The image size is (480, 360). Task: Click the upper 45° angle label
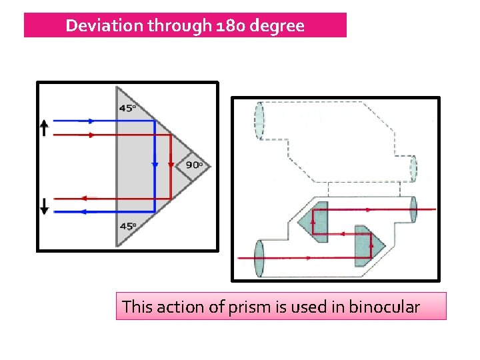(x=127, y=108)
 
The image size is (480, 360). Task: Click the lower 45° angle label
(x=127, y=226)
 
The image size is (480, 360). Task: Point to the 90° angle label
(x=194, y=165)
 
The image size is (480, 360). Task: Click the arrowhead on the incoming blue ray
(x=91, y=121)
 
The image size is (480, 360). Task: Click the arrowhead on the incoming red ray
(x=91, y=135)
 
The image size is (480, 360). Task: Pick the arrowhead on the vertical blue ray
(x=155, y=164)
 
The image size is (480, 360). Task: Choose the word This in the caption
(x=138, y=307)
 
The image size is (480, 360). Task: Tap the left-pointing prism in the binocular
(x=315, y=221)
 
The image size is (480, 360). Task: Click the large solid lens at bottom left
(x=259, y=258)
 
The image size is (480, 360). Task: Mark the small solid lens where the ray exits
(x=413, y=211)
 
